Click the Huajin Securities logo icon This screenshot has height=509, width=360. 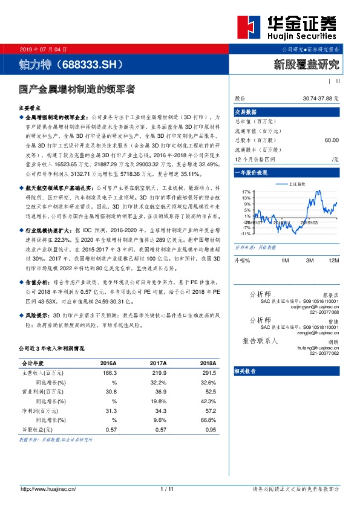[253, 27]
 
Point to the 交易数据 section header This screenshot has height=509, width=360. [245, 111]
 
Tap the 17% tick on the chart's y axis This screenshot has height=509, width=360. [246, 191]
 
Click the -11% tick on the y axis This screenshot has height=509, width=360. [245, 233]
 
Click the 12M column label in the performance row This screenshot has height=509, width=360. [333, 259]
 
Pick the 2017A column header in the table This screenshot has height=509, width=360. [158, 363]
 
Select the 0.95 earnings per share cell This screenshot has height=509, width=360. [210, 429]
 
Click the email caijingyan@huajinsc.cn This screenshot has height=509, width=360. [316, 306]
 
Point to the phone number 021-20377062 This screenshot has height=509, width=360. [323, 353]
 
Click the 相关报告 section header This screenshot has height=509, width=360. [246, 371]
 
